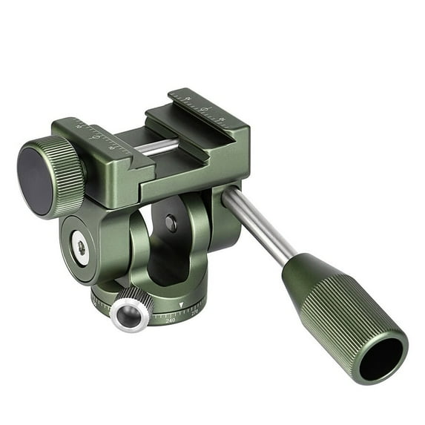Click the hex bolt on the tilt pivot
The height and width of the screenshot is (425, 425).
pos(80,248)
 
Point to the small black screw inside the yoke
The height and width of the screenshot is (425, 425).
pos(171,223)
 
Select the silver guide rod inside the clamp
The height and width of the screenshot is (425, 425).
pos(156,146)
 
